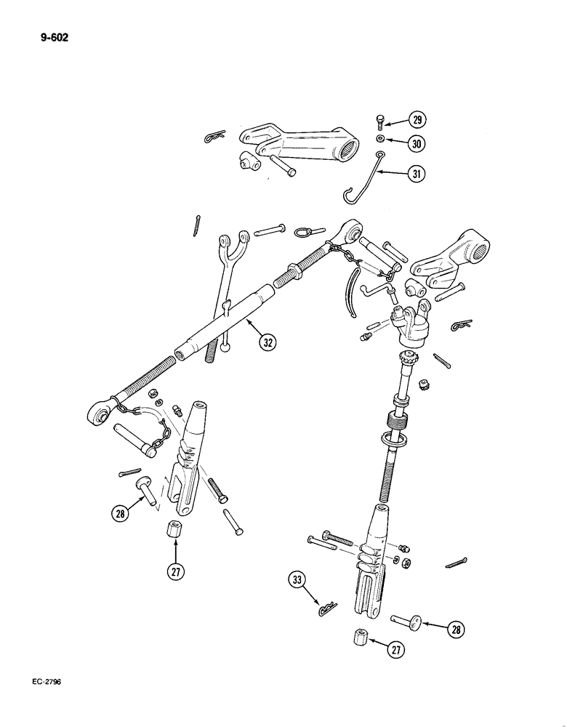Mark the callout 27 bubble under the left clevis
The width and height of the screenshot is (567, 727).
tap(175, 572)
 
